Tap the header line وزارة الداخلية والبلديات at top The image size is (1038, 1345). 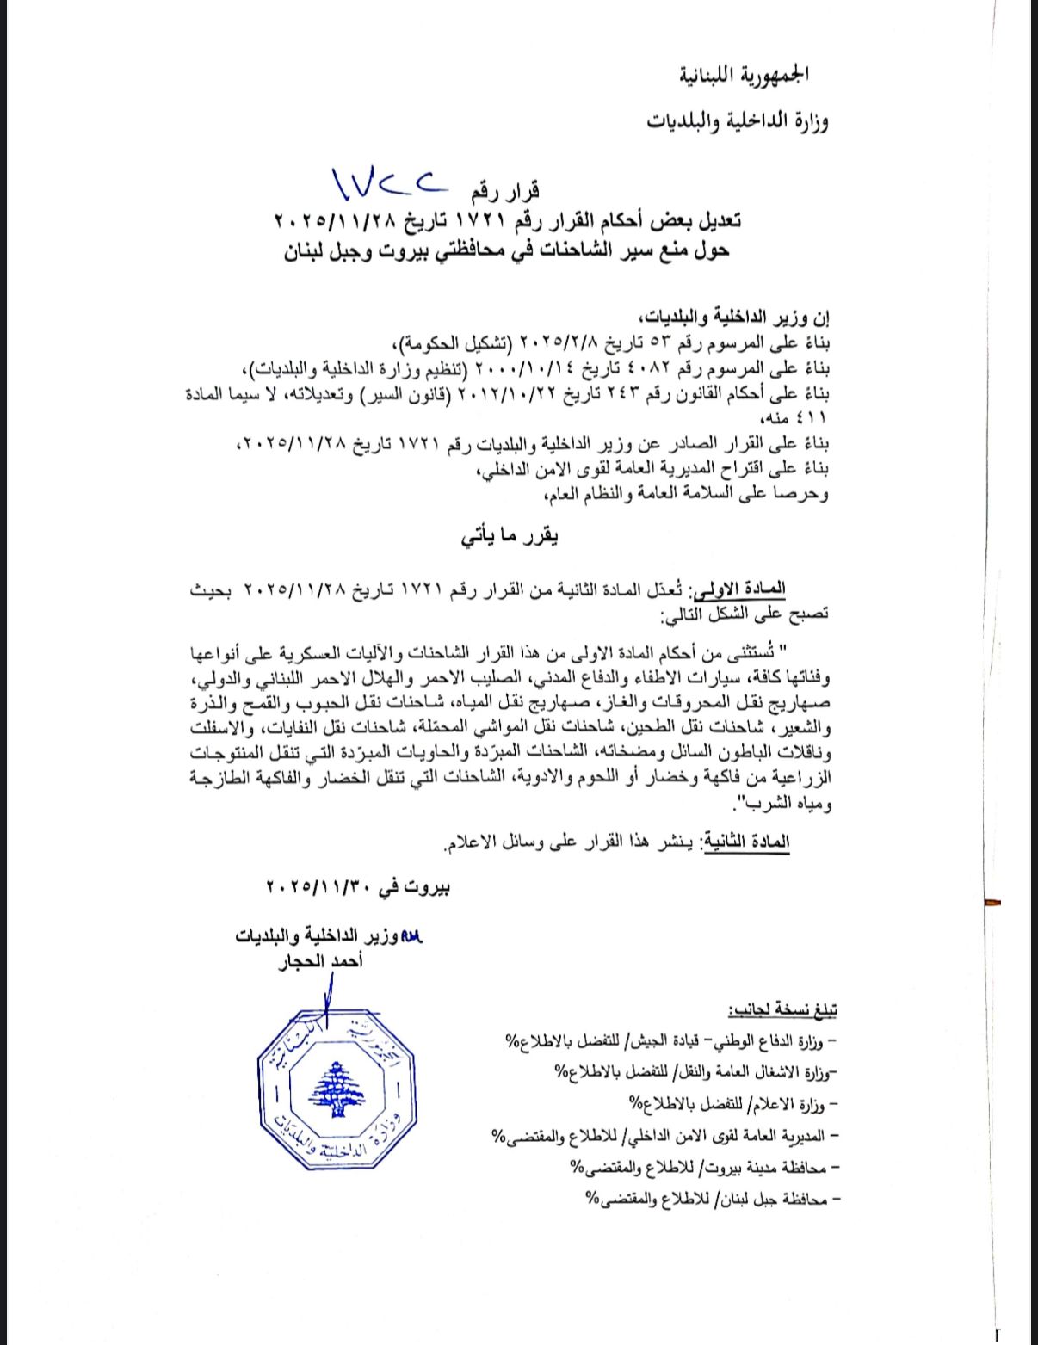tap(738, 121)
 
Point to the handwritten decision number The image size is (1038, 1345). tap(391, 181)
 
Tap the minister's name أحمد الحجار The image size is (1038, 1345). tap(320, 961)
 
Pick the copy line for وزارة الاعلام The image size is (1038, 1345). tap(732, 1103)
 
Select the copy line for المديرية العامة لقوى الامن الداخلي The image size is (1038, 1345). tap(663, 1136)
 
